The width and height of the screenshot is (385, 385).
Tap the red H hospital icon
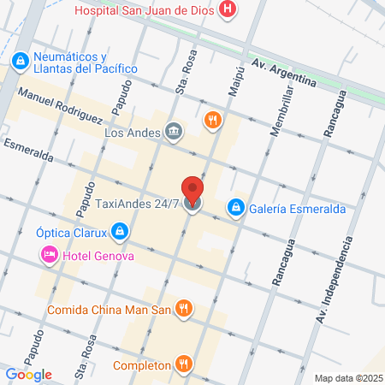(x=228, y=10)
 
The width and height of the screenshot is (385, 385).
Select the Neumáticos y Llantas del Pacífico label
(x=85, y=62)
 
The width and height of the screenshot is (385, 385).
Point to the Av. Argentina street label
(x=284, y=74)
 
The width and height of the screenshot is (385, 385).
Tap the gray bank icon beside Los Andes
(x=174, y=131)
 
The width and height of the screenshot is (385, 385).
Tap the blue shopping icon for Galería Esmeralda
(x=234, y=207)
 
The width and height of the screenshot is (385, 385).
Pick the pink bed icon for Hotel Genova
(x=47, y=255)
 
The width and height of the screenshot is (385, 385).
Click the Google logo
(x=28, y=374)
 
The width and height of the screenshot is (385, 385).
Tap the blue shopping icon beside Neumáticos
(x=20, y=62)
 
